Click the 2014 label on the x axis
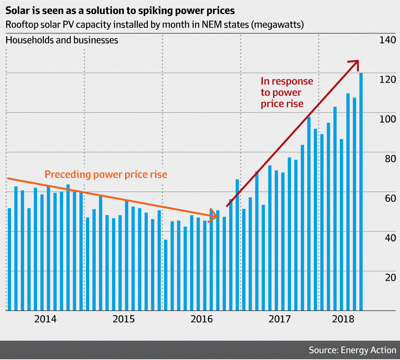[x=45, y=319]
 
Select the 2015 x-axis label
[x=123, y=319]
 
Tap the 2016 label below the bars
[x=201, y=319]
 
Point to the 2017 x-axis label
[x=279, y=319]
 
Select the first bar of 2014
[x=9, y=259]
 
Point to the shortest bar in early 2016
[x=165, y=275]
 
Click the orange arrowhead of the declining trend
[x=214, y=215]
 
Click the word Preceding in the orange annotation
[x=67, y=175]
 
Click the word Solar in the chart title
[x=18, y=11]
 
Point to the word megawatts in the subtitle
[x=280, y=25]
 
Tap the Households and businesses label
[x=62, y=40]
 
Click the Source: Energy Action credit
[x=352, y=350]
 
